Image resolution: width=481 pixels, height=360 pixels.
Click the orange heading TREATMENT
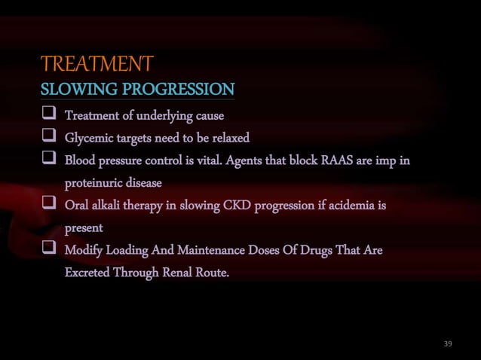(x=97, y=63)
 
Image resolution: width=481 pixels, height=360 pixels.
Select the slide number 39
(x=448, y=344)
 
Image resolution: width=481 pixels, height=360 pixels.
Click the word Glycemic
(x=90, y=139)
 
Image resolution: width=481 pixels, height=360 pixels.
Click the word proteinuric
(x=94, y=183)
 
